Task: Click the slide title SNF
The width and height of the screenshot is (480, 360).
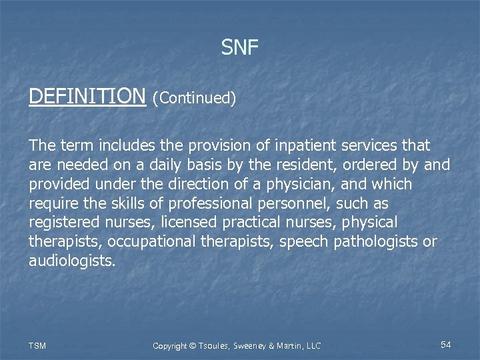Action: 240,47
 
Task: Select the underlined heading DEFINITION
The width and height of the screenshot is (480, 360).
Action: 87,97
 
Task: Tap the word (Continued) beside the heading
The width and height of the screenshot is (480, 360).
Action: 194,99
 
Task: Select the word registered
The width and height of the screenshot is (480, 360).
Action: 62,223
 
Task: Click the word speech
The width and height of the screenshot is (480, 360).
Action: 305,242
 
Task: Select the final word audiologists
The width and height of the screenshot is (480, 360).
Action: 72,261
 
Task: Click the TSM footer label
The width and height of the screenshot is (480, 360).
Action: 38,345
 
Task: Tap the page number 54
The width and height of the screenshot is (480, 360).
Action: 446,345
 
